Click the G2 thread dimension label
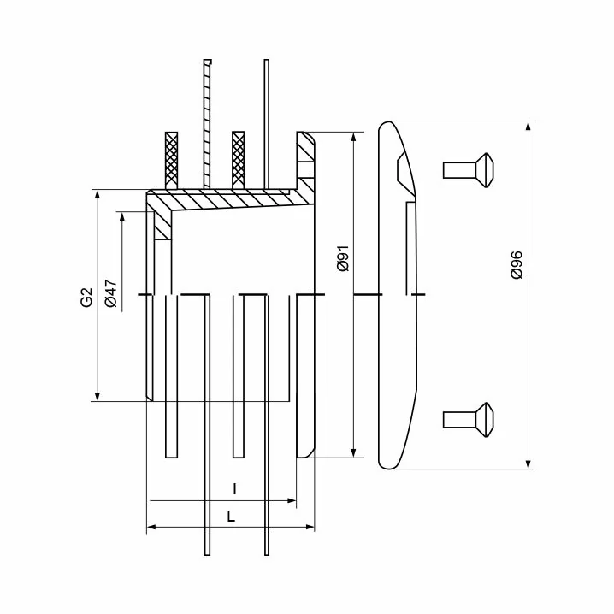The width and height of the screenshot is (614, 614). point(86,297)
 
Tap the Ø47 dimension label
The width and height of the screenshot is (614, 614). point(111,293)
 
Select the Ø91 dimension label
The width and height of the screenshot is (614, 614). point(343,259)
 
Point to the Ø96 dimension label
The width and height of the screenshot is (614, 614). point(517,265)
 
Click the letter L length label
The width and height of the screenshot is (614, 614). point(231,517)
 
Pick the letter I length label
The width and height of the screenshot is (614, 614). point(234,489)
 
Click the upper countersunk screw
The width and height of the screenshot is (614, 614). point(468,170)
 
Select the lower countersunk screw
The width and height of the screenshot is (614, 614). point(468,420)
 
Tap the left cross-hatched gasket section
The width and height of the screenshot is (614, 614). point(172,160)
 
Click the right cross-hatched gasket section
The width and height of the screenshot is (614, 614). point(238,160)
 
